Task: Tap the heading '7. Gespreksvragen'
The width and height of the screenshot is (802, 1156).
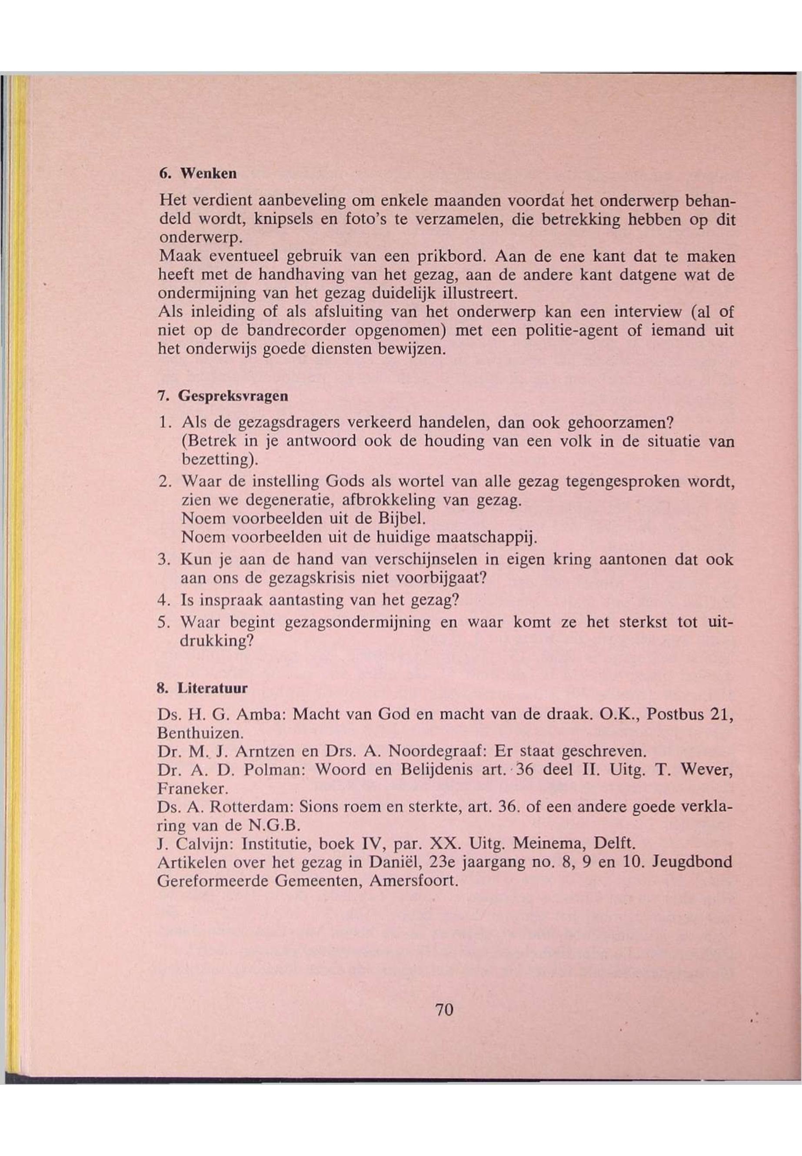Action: point(223,396)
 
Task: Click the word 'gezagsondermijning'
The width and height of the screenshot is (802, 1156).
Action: point(357,623)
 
